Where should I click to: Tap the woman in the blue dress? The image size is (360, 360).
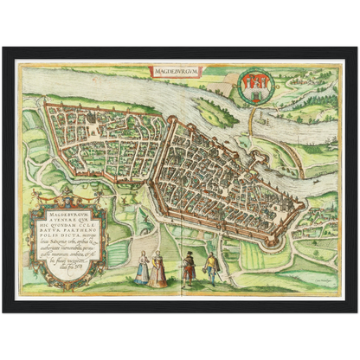coord(142,270)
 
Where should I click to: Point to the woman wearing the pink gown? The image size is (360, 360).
coord(157,270)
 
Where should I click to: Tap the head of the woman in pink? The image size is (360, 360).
coord(158,256)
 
